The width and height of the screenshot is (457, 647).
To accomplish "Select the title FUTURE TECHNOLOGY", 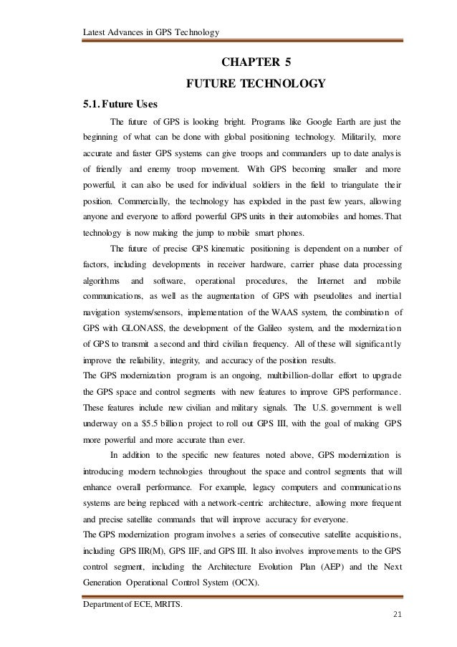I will (256, 85).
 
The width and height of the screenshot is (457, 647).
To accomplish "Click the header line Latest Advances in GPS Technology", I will (150, 31).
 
